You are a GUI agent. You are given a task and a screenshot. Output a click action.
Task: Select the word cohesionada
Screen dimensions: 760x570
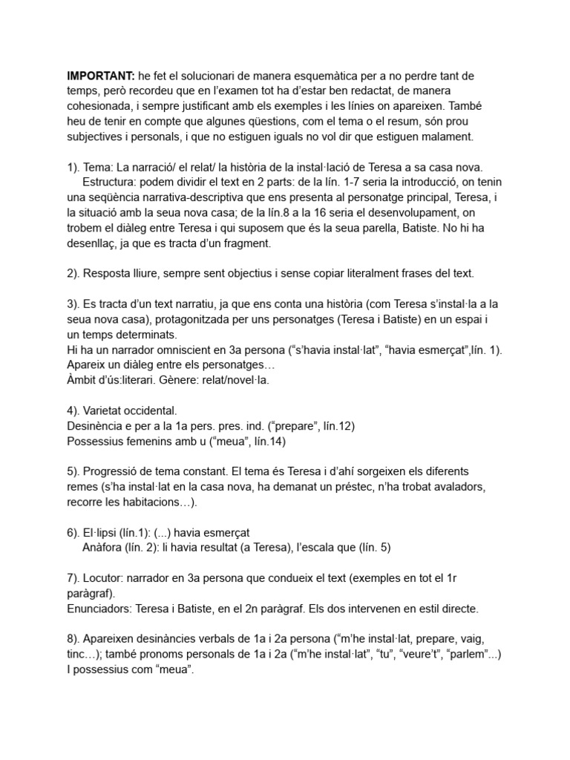point(102,106)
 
